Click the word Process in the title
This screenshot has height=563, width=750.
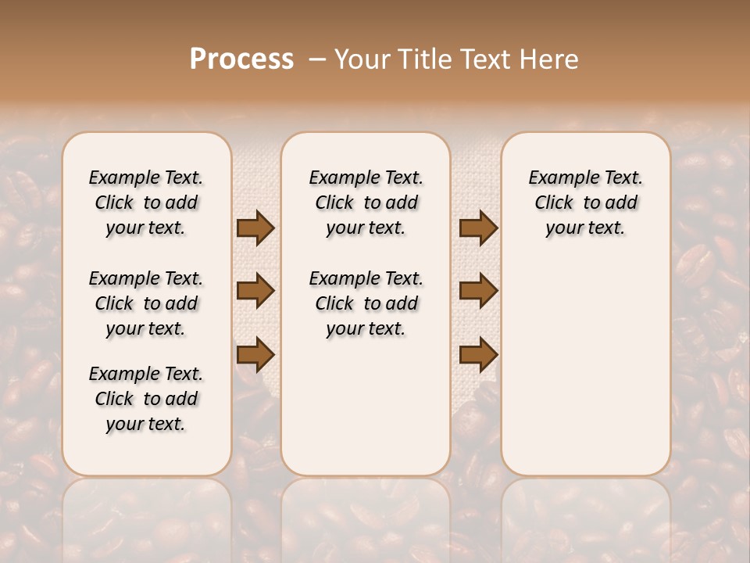(241, 59)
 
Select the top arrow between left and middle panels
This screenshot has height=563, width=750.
(255, 228)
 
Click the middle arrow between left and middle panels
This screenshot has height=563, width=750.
(255, 291)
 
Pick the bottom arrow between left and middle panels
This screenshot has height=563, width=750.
(255, 354)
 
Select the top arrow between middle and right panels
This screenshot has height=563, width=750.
(479, 228)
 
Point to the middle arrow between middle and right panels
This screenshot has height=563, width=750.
(479, 291)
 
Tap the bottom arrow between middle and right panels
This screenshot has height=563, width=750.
(479, 354)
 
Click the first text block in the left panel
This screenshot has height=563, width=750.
(146, 203)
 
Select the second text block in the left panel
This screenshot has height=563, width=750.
(146, 303)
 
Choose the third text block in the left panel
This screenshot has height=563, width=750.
(146, 399)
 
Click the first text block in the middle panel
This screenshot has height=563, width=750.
(366, 203)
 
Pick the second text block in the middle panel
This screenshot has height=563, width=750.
(366, 303)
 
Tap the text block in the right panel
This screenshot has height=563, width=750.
(585, 203)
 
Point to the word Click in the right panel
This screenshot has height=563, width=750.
(554, 203)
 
